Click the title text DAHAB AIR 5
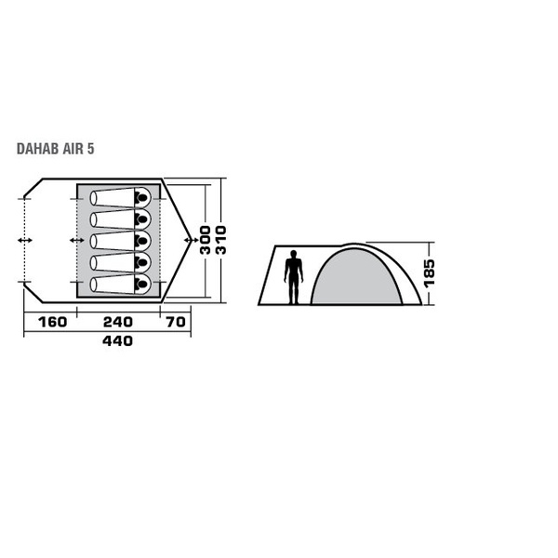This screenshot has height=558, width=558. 56,149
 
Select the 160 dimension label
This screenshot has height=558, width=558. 52,322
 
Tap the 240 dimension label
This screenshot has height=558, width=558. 118,322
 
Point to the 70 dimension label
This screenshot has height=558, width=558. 176,322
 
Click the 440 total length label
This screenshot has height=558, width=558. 117,341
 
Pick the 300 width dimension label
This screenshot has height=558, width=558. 206,240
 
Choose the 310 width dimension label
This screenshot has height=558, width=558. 221,240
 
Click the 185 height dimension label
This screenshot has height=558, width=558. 429,272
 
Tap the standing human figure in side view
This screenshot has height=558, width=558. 294,277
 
